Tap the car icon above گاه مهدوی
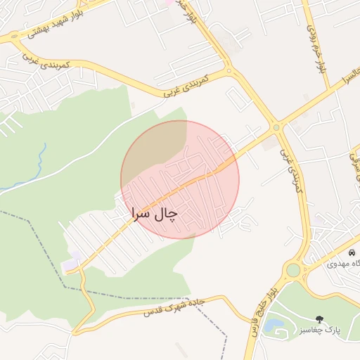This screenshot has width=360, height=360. tap(352, 252)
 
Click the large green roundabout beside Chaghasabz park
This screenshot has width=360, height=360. tap(292, 270)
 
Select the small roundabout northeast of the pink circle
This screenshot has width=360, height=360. tap(276, 127)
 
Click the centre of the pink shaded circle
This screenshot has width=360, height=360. tap(180, 179)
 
